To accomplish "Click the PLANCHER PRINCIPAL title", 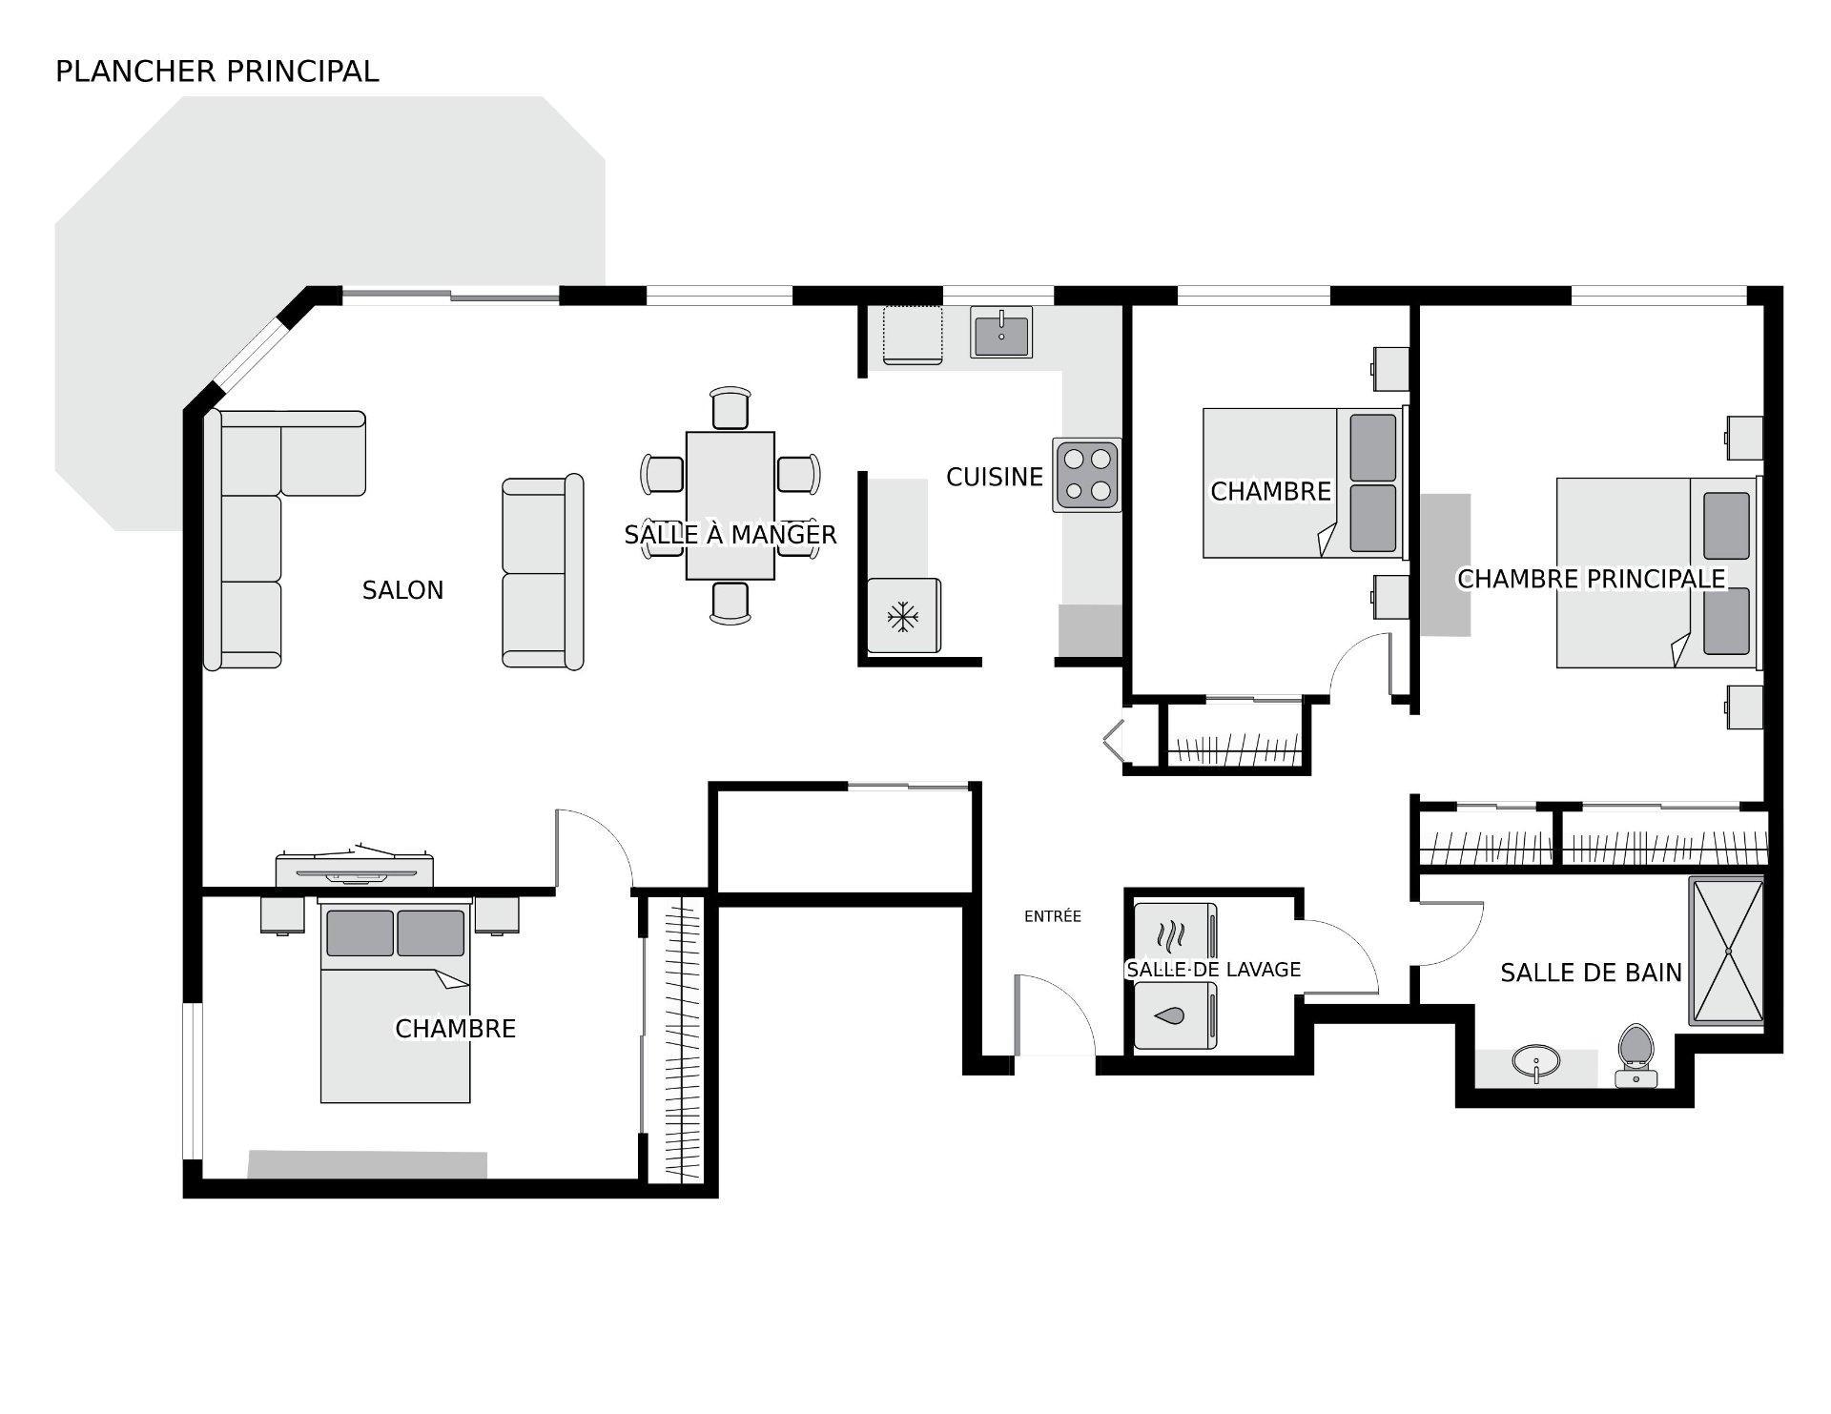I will click(216, 72).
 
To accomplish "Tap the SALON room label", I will click(402, 590).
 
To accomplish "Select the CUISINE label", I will click(994, 477).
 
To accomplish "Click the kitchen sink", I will click(1001, 332).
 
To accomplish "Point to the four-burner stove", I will click(1087, 475).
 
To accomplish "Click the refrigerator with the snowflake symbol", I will click(902, 616).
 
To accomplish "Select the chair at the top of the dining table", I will click(730, 408).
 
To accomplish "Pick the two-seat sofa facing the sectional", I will click(542, 572).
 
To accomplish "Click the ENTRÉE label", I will click(1052, 916).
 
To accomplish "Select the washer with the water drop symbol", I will click(1174, 1016).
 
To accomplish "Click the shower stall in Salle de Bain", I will click(1726, 951).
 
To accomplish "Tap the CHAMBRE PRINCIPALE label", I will click(1591, 579).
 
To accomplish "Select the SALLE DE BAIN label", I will click(1590, 973).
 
